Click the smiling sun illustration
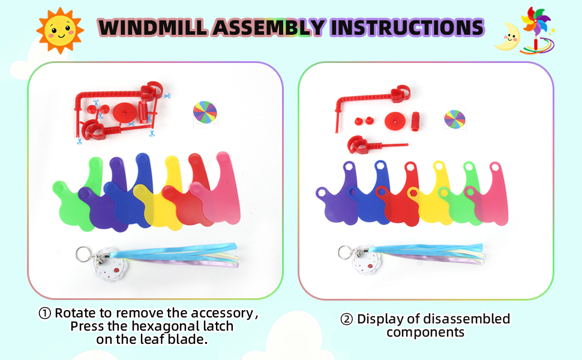click(60, 31)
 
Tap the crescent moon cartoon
click(507, 38)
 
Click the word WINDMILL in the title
click(153, 28)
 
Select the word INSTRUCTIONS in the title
click(407, 28)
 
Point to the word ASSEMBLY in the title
click(269, 28)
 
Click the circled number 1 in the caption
click(44, 313)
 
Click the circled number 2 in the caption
click(346, 319)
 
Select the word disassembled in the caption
click(467, 319)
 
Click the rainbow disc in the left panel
click(205, 112)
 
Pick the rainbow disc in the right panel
click(455, 119)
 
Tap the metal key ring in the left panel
click(83, 254)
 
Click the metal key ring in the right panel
click(345, 253)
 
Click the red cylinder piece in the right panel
click(415, 121)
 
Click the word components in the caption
click(425, 332)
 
